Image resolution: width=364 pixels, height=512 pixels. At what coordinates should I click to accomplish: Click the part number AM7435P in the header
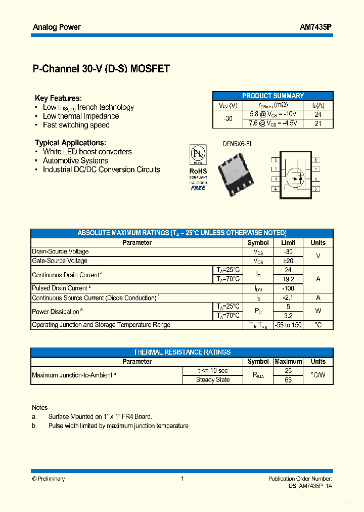316,27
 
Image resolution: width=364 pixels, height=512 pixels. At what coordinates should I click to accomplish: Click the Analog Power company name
57,27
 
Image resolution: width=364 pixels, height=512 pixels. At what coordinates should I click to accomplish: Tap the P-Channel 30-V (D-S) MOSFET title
101,69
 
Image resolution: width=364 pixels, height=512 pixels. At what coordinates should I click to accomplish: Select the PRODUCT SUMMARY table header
273,96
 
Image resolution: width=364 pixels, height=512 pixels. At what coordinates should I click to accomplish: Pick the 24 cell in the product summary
318,114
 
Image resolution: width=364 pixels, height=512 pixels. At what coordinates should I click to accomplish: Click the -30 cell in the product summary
228,118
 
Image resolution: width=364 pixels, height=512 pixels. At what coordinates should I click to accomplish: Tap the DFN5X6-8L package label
237,144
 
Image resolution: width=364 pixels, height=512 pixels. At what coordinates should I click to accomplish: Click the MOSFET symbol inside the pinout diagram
294,176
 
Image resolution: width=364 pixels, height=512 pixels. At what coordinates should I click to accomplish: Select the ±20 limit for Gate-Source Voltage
288,261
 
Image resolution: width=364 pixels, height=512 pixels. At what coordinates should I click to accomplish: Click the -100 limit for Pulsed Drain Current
288,288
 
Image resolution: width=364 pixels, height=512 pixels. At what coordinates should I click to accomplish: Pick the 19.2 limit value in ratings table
288,279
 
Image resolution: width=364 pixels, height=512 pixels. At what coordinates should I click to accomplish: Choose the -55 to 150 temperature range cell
288,325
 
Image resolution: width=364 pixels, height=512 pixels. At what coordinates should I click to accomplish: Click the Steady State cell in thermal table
213,379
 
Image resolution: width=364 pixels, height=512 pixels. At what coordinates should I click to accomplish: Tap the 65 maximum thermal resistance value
288,379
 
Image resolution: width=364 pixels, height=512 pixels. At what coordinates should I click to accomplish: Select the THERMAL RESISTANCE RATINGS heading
182,352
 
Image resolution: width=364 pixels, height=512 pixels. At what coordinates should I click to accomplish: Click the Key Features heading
58,98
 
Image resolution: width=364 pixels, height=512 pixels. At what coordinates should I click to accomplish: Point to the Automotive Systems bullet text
75,161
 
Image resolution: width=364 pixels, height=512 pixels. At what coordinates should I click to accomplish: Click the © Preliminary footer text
49,479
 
